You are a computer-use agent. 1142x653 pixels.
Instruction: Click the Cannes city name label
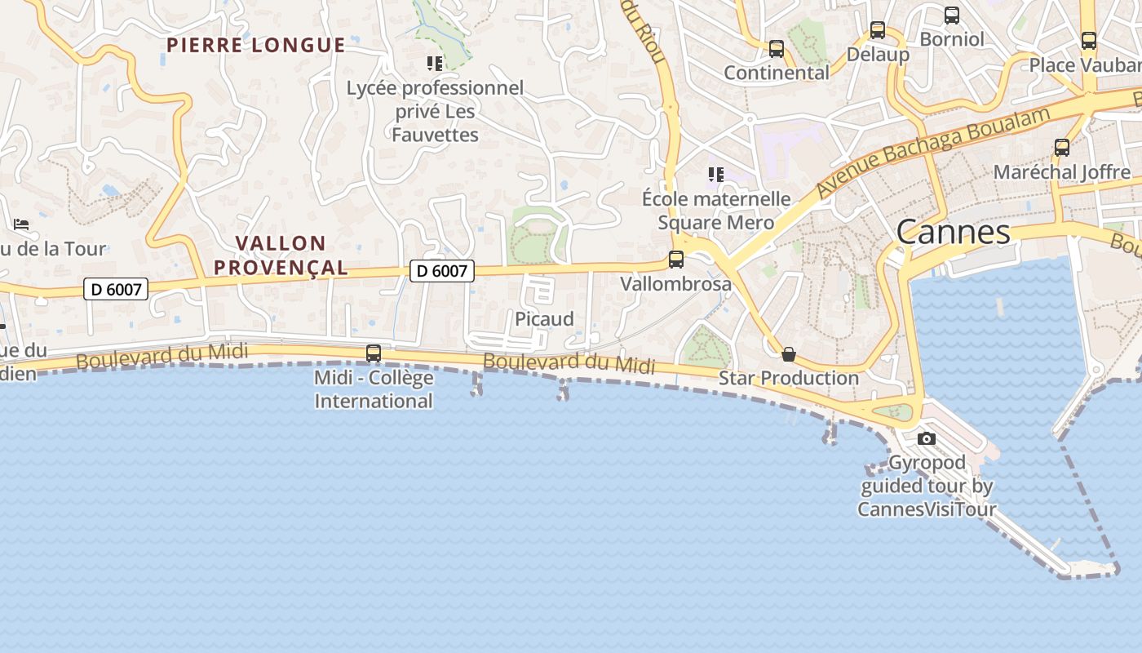953,233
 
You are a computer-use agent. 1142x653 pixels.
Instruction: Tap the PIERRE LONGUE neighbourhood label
255,45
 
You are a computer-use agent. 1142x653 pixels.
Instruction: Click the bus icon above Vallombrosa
676,260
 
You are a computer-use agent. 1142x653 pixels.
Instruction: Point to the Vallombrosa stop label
675,284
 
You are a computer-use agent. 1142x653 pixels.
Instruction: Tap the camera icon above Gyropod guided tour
926,438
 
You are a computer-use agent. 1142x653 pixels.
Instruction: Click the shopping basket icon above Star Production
789,354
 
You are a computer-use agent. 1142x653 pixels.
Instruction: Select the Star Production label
788,378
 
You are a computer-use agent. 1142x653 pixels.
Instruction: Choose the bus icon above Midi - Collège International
374,353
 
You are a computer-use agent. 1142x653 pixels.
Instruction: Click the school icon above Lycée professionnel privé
435,63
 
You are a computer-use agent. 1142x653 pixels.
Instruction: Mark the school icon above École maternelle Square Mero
715,174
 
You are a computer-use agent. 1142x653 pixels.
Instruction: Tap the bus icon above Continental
777,49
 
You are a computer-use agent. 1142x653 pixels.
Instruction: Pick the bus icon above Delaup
878,30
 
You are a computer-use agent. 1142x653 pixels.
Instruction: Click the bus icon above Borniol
951,16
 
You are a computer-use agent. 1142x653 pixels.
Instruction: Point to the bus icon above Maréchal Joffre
1062,148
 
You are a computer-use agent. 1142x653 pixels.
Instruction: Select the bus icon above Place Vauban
1089,41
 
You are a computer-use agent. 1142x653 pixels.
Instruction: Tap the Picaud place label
544,319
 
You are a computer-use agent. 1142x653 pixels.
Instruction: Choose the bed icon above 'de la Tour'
21,224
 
